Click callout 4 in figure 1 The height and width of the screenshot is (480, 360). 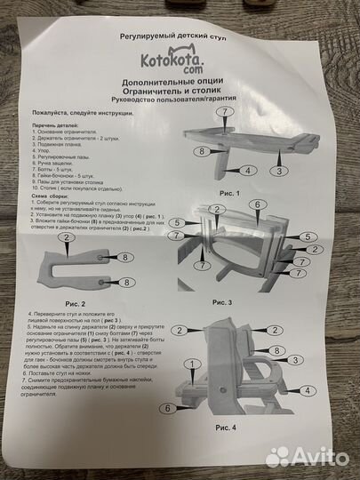(x=249, y=169)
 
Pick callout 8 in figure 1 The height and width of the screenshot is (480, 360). (x=204, y=152)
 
